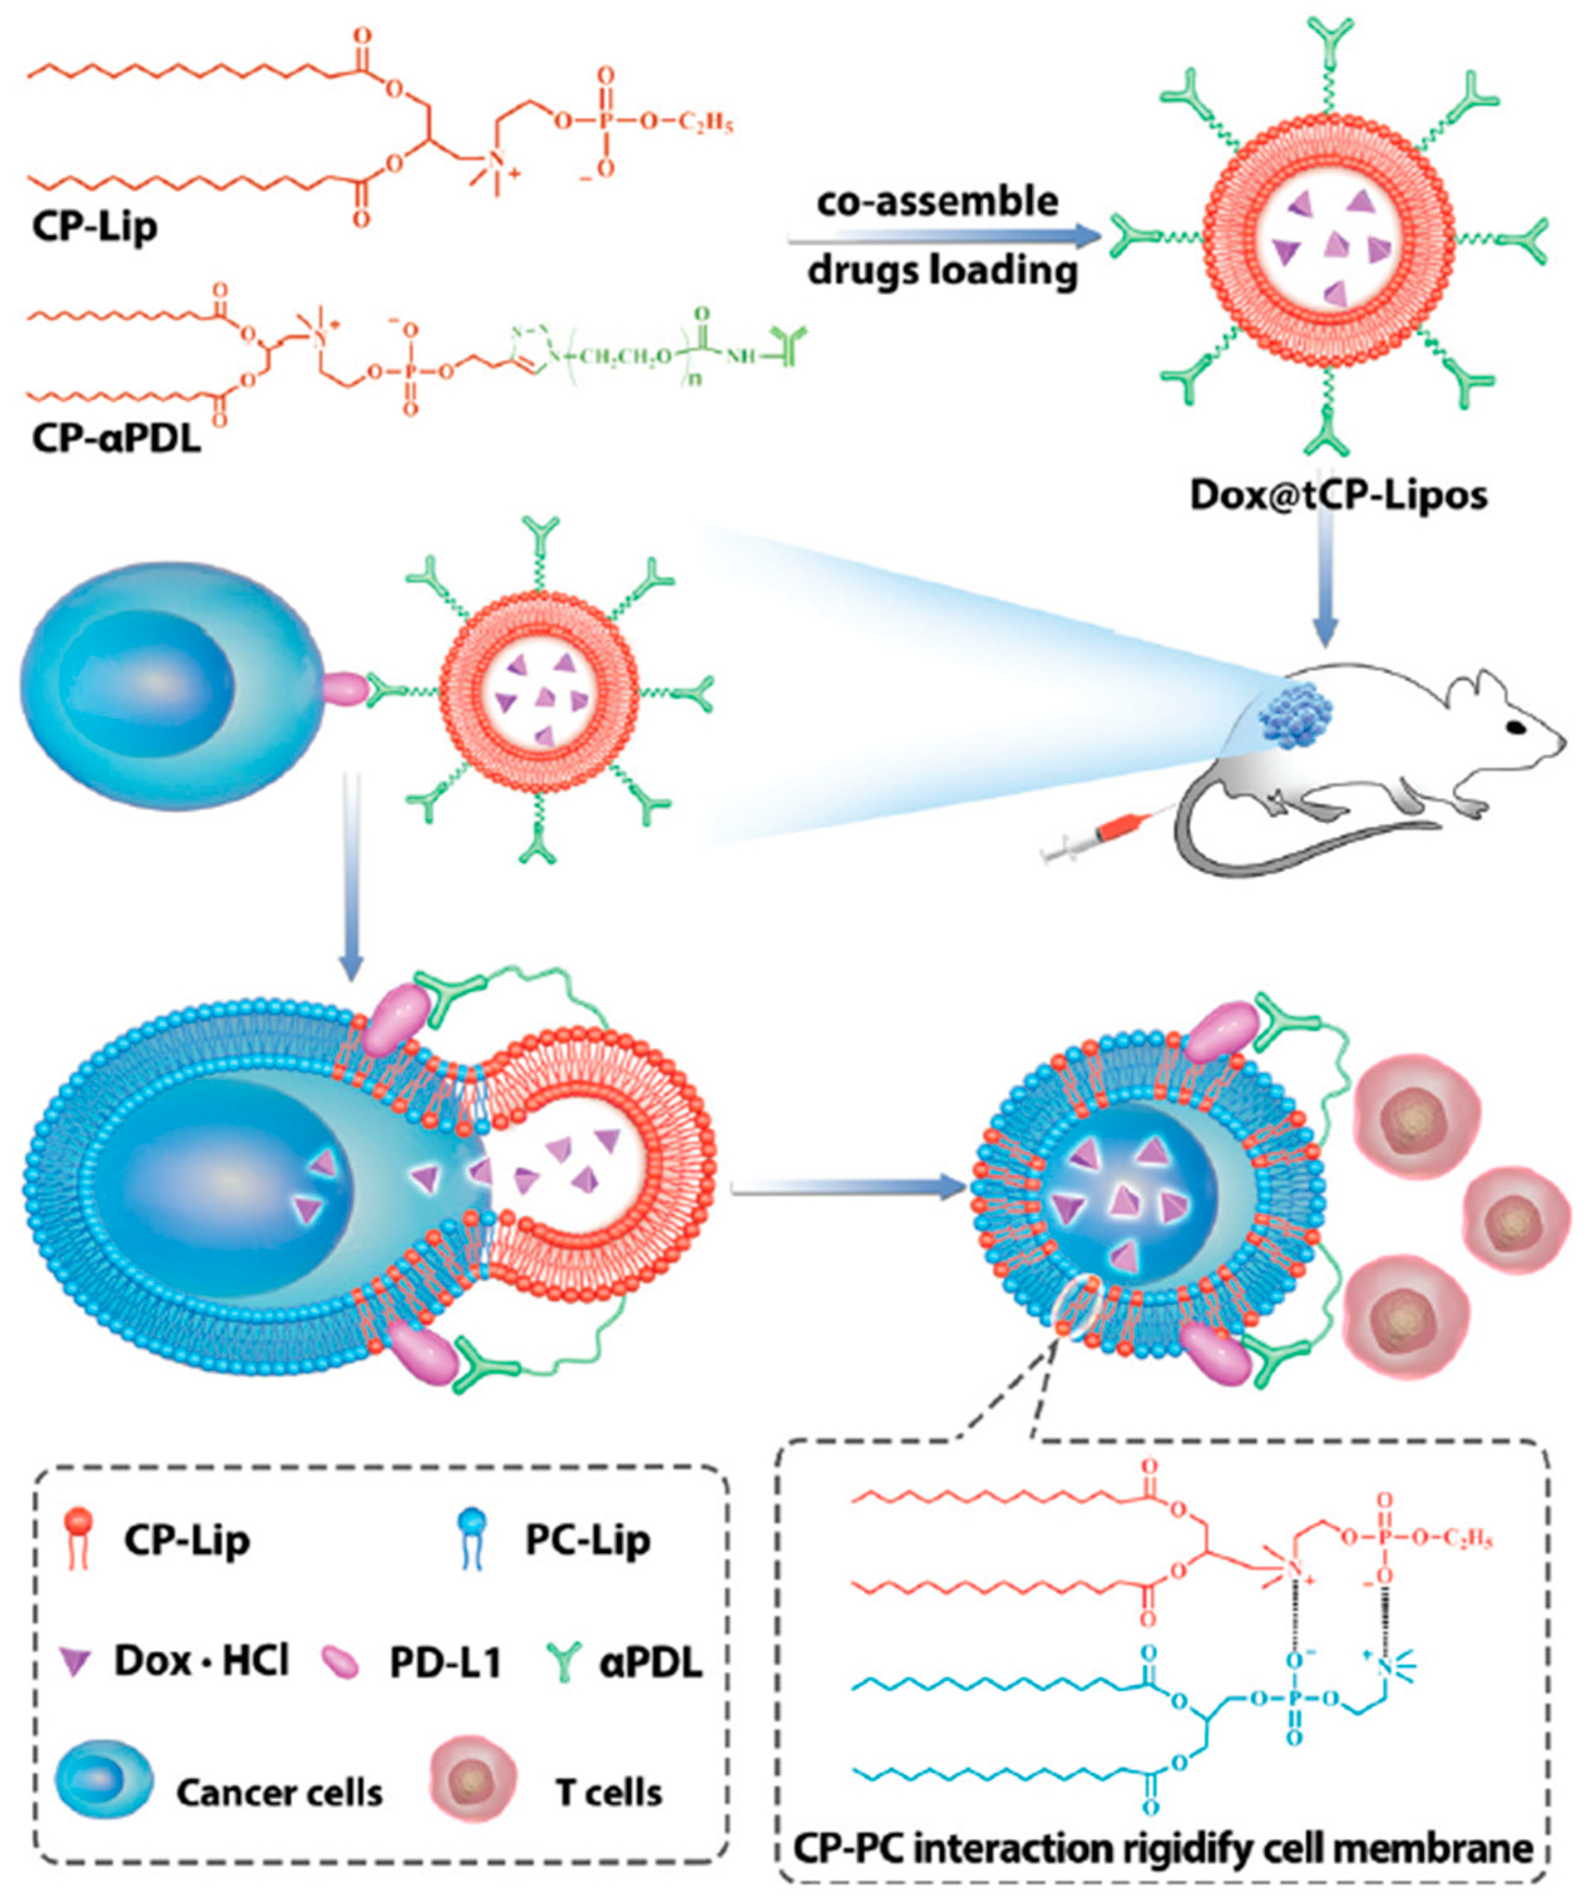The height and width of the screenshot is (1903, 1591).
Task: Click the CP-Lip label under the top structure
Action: (x=94, y=226)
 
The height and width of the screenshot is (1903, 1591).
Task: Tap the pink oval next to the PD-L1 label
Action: (x=342, y=1662)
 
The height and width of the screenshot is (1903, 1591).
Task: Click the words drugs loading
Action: (x=942, y=270)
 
